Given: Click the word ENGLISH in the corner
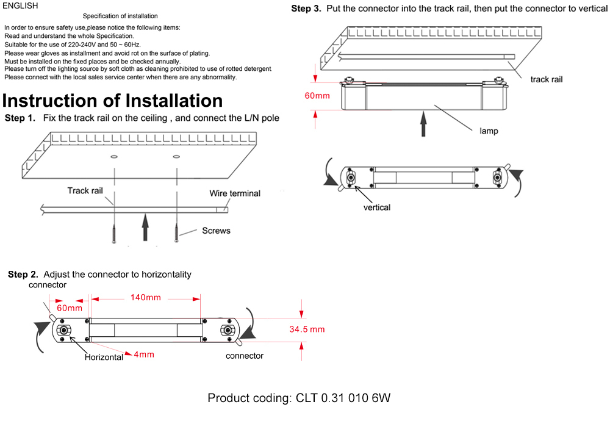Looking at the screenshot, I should coord(20,6).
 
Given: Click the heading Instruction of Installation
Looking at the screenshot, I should coord(113,101).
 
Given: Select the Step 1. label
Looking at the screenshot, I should coord(20,118).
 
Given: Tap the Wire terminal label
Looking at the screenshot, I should coord(235,193).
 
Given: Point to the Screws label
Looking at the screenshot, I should coord(216,231).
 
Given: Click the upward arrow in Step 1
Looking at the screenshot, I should coord(145,228).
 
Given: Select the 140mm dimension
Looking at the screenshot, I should coord(145,298).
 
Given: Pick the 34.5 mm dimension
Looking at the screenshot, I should coord(307,329).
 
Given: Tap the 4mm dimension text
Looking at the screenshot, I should coord(144,354).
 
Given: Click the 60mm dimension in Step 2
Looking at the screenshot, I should coord(69,308).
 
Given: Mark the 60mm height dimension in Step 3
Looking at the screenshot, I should coord(317,95).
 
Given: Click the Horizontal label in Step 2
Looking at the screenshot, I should coord(104,358).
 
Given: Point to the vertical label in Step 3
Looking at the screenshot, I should coord(376,207).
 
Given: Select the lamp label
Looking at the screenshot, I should coord(489,131).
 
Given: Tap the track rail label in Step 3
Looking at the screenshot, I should coord(546,79).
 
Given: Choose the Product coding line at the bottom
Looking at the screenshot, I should coord(299,398).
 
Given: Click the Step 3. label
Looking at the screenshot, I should coord(306,9).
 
